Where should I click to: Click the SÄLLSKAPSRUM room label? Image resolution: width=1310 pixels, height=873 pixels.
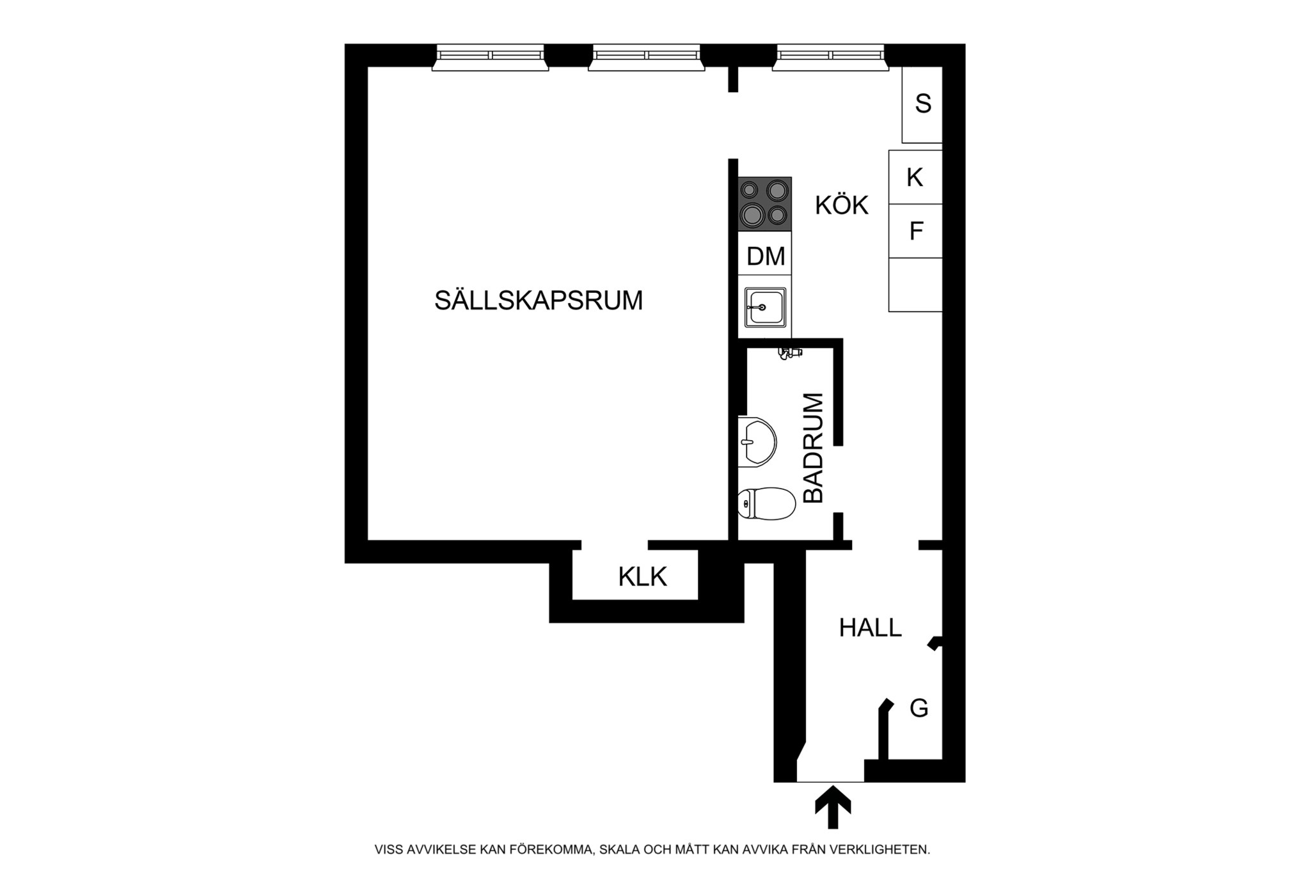pos(538,301)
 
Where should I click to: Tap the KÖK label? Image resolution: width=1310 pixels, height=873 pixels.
pos(841,206)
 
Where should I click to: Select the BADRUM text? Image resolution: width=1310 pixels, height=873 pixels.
pos(813,448)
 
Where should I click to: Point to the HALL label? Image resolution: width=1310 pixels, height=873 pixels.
pos(870,628)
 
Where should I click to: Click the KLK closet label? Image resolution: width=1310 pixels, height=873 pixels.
pos(642,577)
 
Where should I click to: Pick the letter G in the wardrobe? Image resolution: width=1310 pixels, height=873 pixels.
pos(919,708)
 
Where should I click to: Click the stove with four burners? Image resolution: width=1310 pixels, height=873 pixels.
pos(765,204)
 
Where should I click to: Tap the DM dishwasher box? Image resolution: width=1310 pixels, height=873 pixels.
pos(765,256)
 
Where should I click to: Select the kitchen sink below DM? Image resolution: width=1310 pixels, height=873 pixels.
pos(765,308)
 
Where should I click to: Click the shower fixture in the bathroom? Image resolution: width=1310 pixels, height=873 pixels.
pos(790,352)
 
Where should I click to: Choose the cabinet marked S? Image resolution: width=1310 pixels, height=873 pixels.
pos(922,104)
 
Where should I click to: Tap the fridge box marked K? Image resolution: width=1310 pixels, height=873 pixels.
pos(915,177)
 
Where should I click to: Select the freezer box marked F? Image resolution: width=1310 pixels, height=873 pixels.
pos(915,231)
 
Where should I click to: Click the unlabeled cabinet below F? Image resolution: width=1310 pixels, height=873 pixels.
pos(915,285)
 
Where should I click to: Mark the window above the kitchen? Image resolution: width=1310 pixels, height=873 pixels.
pos(830,57)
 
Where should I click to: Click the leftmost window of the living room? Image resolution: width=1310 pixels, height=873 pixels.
pos(490,57)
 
